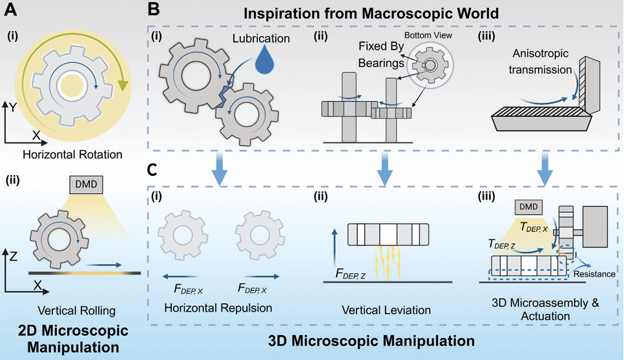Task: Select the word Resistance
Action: [592, 274]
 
